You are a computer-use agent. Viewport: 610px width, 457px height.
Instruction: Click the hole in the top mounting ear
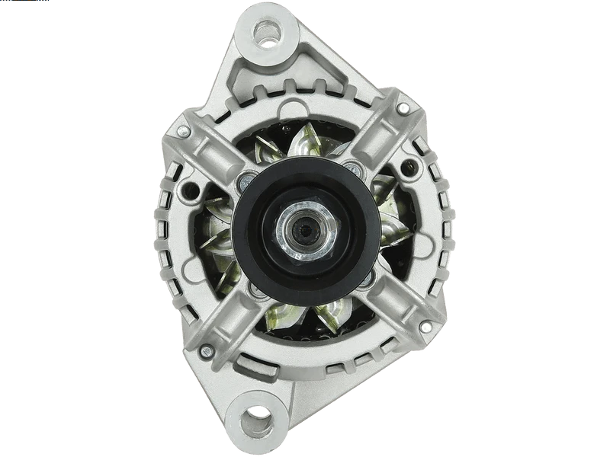pos(268,32)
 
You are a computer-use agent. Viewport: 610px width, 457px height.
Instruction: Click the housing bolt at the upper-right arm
pos(403,109)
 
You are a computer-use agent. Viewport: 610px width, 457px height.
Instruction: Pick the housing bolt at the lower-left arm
pos(205,351)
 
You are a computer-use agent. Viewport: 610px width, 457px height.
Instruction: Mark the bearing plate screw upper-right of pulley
pos(352,168)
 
